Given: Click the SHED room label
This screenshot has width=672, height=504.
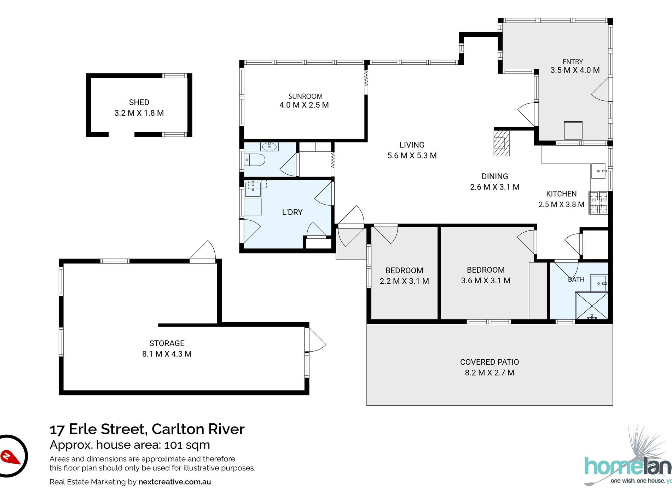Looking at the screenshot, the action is click(x=139, y=103).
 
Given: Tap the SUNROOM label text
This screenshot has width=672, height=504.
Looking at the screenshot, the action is click(x=305, y=96).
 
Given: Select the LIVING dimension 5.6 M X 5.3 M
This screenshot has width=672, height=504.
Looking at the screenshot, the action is click(x=412, y=156).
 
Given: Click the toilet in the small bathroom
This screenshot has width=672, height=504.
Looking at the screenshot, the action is click(x=254, y=160).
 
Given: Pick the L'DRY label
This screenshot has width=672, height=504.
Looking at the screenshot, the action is click(x=292, y=212).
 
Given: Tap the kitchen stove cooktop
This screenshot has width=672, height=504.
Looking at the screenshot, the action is click(x=598, y=203).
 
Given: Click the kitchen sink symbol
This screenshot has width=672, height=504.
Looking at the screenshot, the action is click(x=598, y=171).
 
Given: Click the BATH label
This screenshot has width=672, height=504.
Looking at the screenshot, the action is click(x=576, y=279).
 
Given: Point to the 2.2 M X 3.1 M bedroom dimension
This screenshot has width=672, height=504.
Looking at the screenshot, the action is click(x=404, y=281).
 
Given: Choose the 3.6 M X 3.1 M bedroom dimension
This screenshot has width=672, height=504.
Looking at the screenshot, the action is click(x=486, y=280).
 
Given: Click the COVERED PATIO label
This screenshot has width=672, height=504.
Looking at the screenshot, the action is click(x=489, y=362).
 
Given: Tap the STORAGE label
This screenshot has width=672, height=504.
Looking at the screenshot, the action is click(x=167, y=343).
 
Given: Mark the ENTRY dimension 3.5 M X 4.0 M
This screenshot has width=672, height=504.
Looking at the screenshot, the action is click(x=575, y=70).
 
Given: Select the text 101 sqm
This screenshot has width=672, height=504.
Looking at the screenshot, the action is click(x=187, y=445).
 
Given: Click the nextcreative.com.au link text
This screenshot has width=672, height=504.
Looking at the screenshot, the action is click(x=175, y=482).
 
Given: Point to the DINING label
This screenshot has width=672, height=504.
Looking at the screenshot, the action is click(x=495, y=176).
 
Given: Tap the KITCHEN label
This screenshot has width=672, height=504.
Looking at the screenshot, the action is click(x=561, y=194).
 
